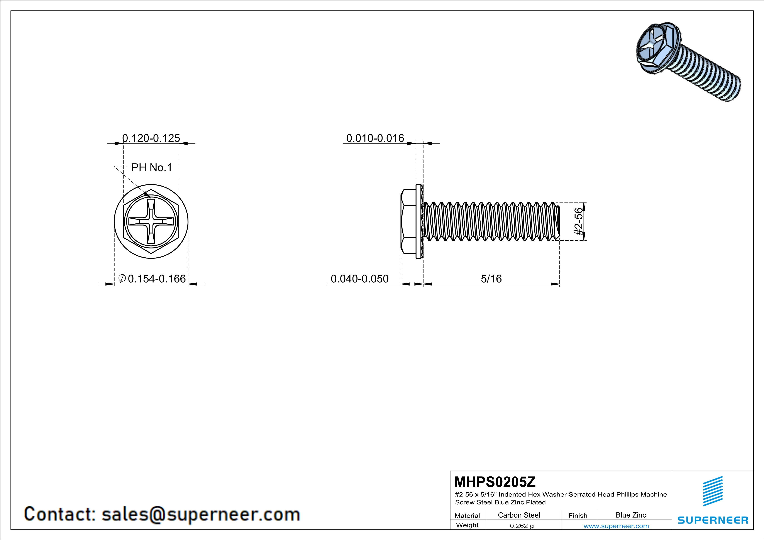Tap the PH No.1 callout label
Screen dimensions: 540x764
pos(152,167)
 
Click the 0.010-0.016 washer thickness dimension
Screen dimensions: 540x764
pos(375,138)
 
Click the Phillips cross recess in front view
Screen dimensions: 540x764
pos(151,221)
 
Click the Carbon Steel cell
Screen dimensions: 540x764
pos(519,515)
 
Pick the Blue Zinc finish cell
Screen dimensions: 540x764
pos(630,515)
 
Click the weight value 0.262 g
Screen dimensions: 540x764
pos(521,526)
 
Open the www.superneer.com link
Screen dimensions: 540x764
pos(616,526)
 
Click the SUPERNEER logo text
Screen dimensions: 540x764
pos(713,520)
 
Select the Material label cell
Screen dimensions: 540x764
pos(467,515)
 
